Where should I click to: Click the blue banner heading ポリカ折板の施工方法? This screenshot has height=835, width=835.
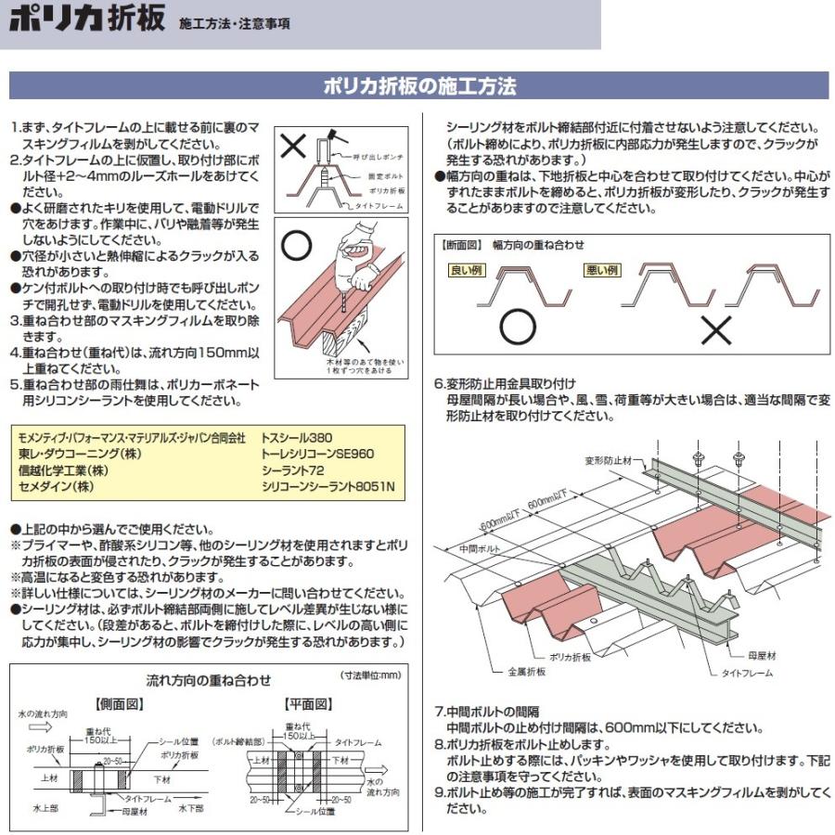419,87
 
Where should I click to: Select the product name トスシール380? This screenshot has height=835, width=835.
297,436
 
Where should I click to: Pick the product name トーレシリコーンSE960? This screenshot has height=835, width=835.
317,454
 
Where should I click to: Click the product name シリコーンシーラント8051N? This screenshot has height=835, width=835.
328,487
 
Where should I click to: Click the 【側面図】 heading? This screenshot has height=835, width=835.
120,704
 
